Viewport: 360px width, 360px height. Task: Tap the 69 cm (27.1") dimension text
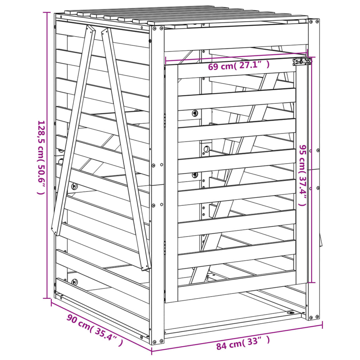(239, 65)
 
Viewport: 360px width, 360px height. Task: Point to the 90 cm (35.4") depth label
(95, 330)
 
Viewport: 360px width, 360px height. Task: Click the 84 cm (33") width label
(243, 343)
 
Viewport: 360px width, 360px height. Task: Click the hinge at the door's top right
(302, 62)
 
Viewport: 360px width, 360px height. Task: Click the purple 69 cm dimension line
(236, 58)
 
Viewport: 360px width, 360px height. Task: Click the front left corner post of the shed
(157, 183)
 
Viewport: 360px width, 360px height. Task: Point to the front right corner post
(314, 169)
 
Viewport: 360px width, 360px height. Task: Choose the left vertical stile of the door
(172, 183)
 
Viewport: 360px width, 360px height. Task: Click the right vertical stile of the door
(301, 176)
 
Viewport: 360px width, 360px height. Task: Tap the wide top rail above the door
(236, 39)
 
